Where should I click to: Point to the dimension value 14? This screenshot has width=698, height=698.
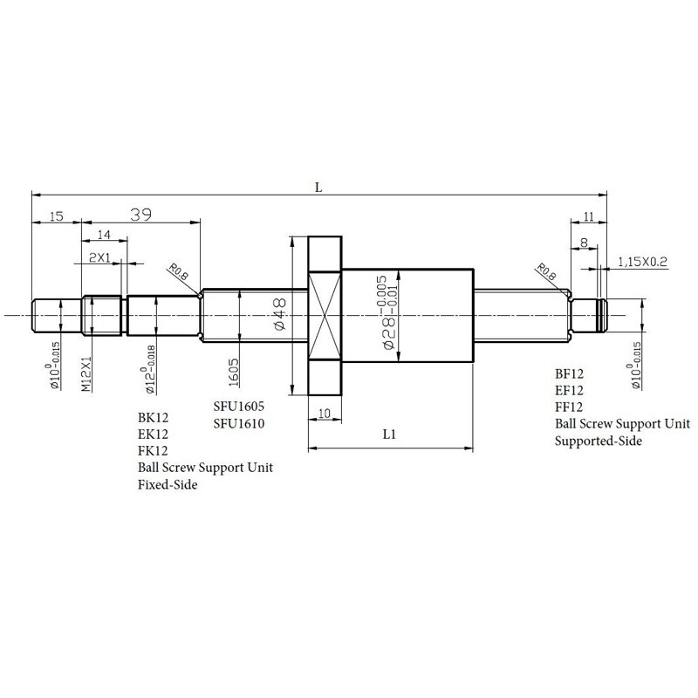[x=105, y=235]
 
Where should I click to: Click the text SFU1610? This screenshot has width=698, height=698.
[x=239, y=423]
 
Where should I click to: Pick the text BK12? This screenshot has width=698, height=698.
[x=152, y=417]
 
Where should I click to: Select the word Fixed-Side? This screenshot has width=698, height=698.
[x=168, y=485]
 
